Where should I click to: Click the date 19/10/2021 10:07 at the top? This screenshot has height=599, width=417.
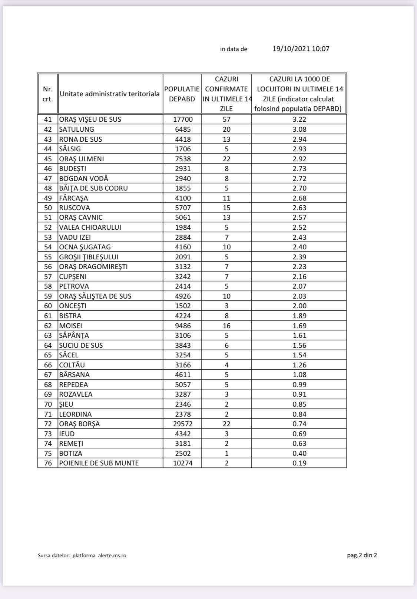click(301, 48)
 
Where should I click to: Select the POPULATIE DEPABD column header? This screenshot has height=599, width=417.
click(182, 94)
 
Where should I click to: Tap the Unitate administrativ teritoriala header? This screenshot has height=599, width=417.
click(110, 94)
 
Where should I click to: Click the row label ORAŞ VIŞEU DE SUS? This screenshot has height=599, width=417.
click(90, 120)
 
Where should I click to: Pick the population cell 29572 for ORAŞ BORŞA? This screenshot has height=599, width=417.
click(183, 424)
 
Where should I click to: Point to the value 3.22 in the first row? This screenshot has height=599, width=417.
click(299, 120)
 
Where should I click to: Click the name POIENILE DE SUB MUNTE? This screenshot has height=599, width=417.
click(99, 463)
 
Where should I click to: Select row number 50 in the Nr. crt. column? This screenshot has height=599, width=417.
click(48, 208)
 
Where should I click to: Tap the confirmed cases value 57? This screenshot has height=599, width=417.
click(226, 120)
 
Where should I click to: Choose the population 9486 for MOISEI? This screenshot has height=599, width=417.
click(183, 326)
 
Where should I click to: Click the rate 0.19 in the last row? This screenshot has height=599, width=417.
click(299, 463)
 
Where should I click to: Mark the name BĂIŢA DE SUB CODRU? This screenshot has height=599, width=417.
click(93, 188)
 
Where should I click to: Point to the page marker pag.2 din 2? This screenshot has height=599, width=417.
click(362, 555)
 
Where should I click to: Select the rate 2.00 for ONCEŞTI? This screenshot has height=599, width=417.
click(299, 306)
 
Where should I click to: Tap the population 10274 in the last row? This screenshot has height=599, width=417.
click(183, 463)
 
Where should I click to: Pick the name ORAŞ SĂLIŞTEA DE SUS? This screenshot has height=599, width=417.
click(95, 296)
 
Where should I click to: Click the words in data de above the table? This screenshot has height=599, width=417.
click(234, 49)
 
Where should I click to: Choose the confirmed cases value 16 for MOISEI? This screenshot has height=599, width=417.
click(226, 326)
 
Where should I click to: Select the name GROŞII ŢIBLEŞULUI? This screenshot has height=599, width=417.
click(89, 257)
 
